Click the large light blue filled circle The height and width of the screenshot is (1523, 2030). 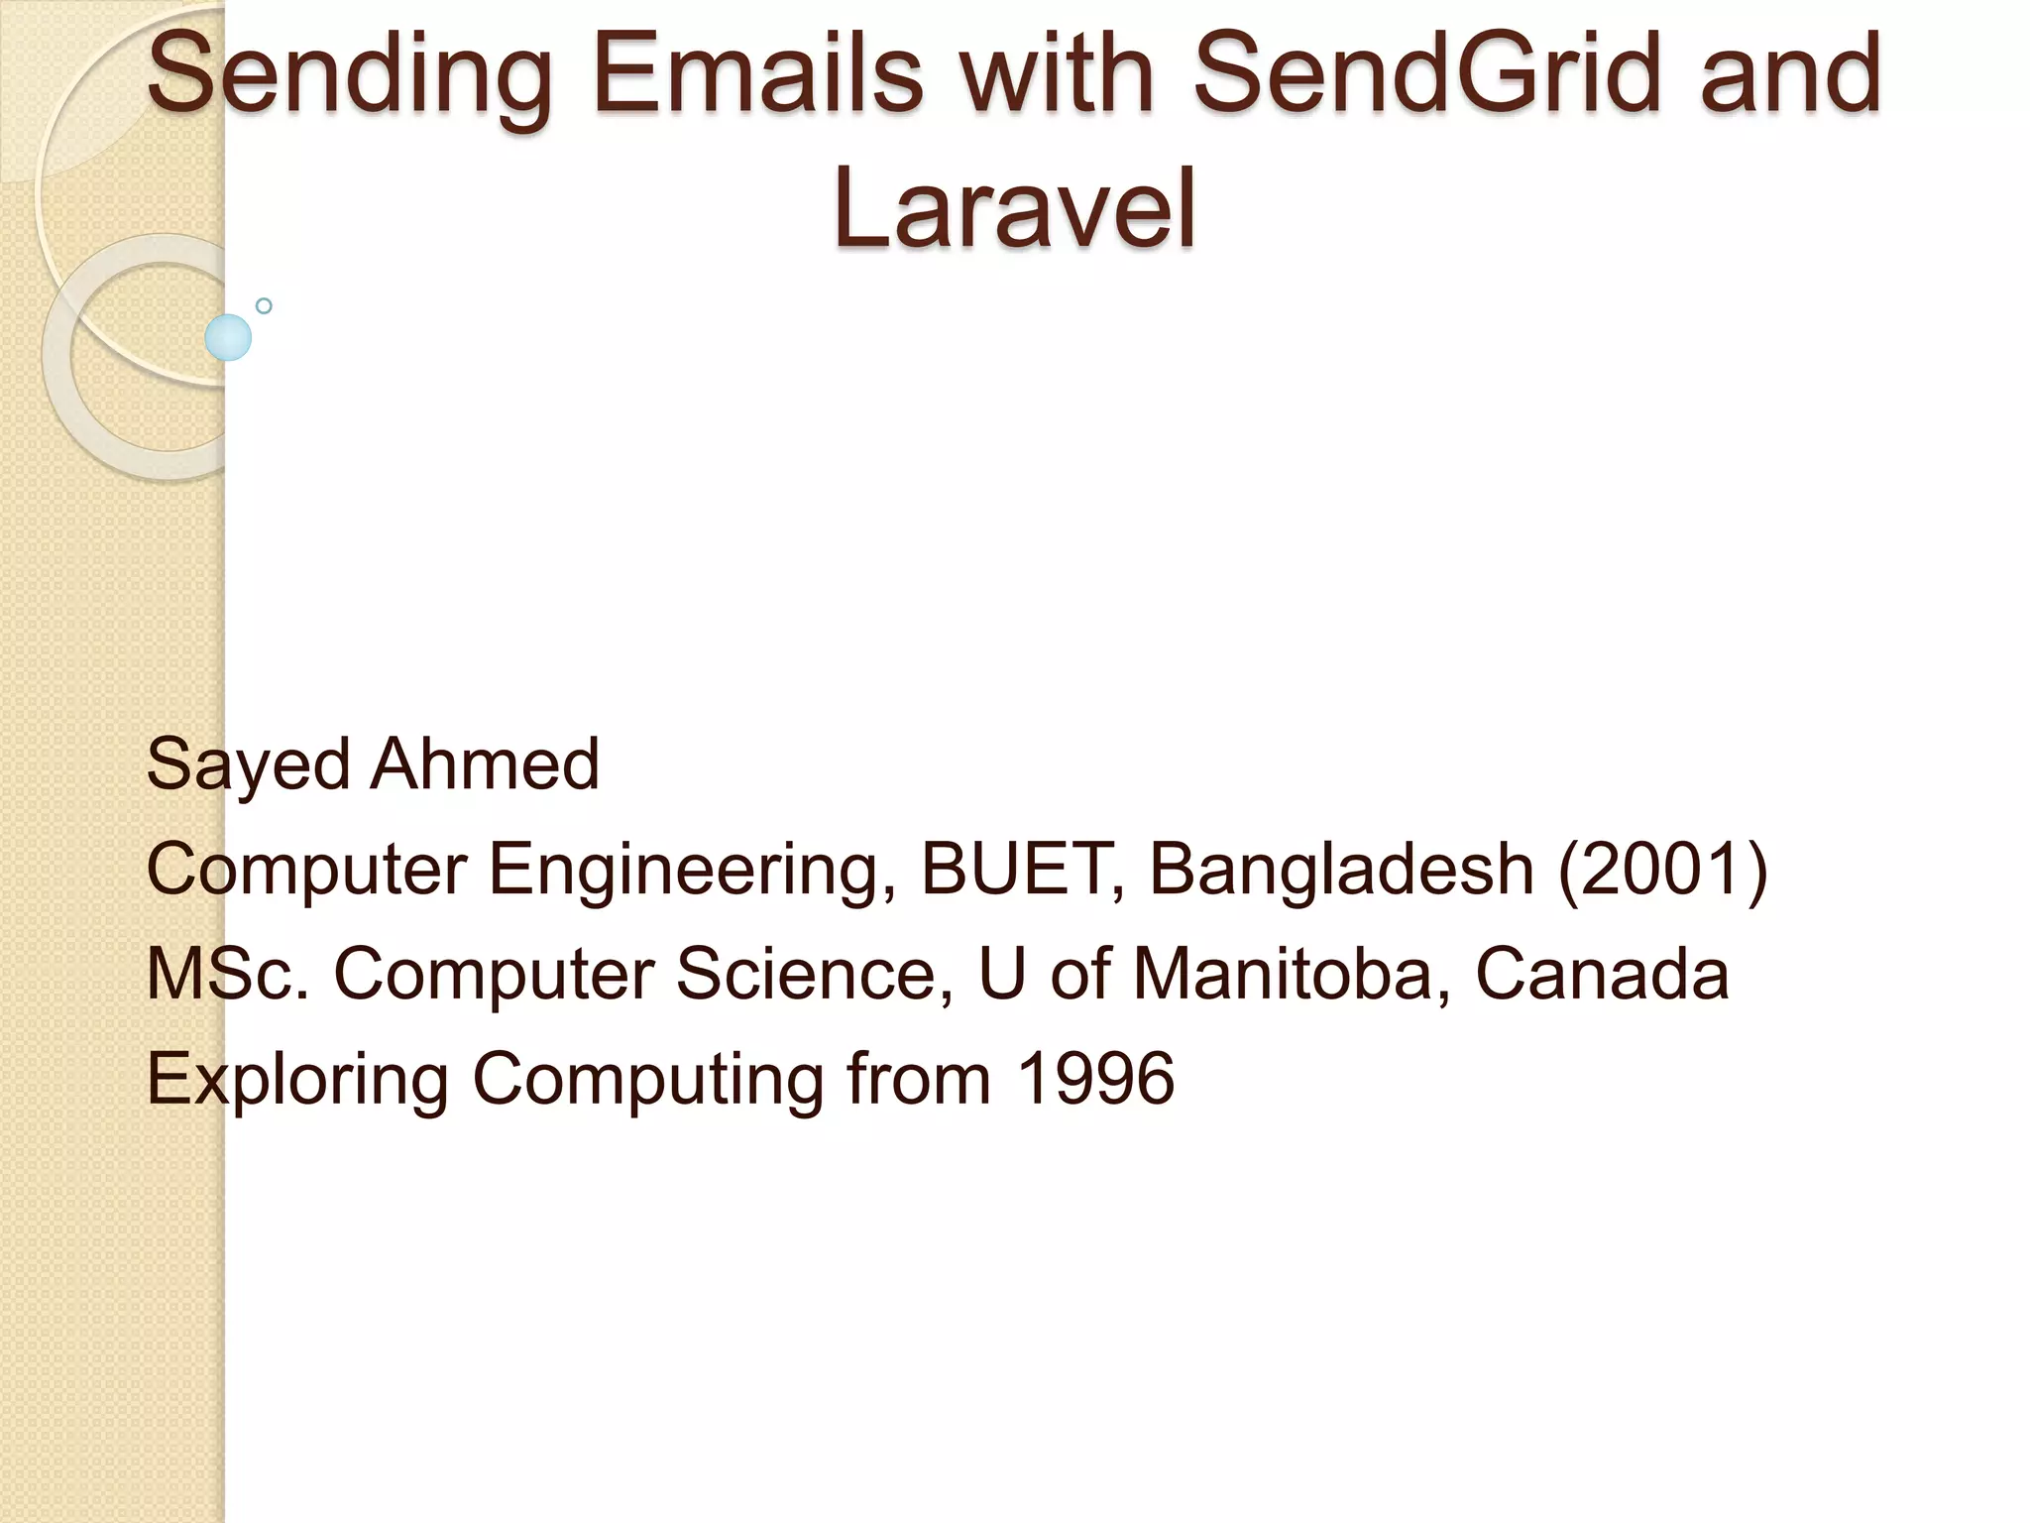pos(228,337)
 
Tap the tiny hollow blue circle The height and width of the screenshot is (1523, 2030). pos(264,306)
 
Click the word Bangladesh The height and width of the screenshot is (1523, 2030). pos(1341,871)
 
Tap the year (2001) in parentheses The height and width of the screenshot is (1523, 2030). pos(1663,869)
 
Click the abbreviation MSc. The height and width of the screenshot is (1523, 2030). pos(229,974)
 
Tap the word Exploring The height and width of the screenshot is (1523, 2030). pos(297,1081)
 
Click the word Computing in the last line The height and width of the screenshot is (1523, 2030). pos(647,1081)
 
